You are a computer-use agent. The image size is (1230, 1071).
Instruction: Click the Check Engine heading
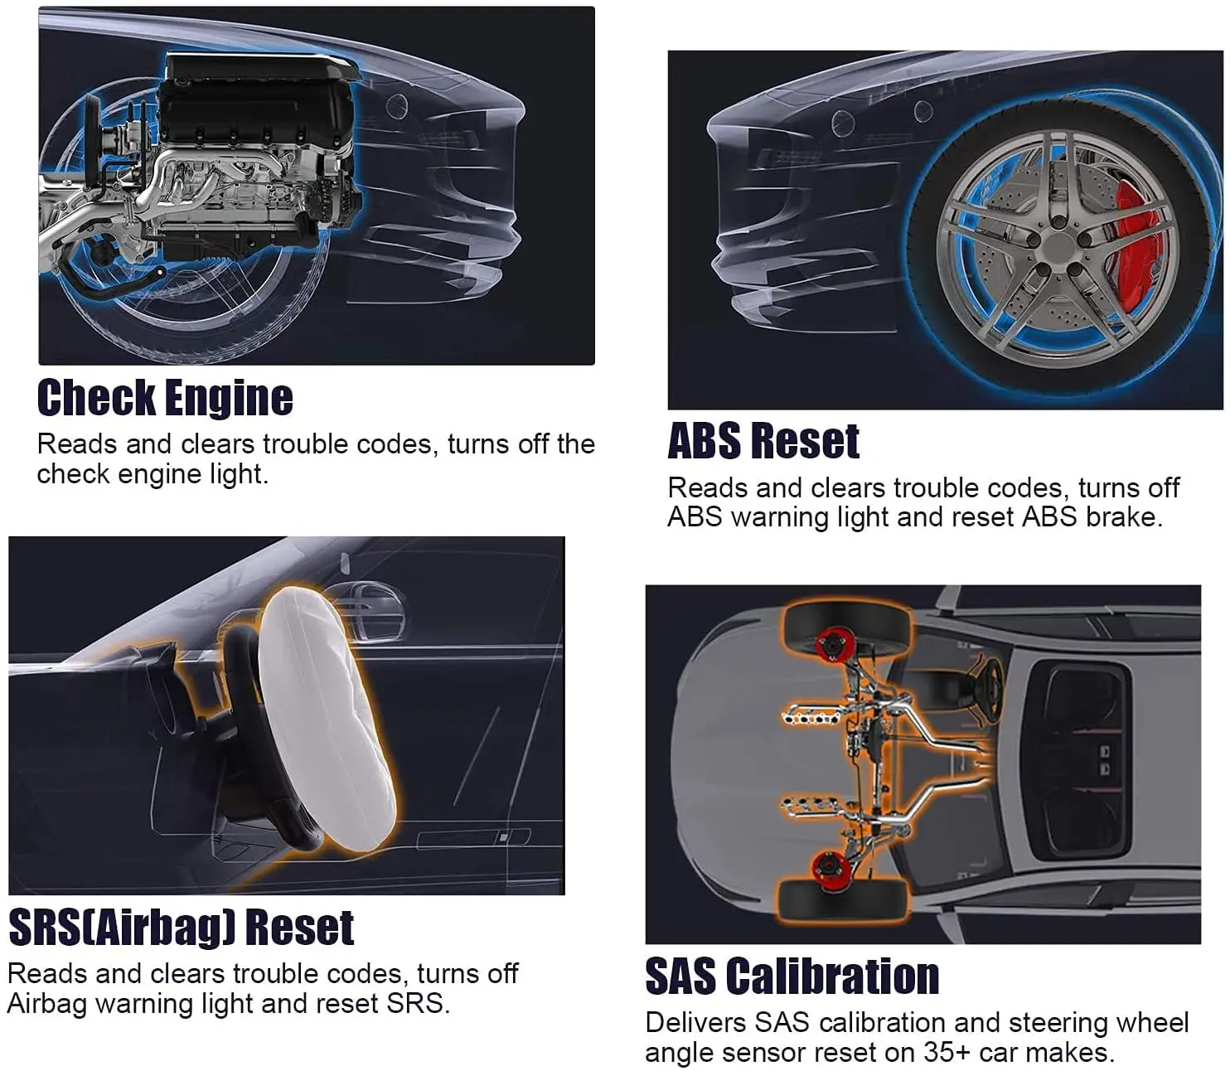coord(165,397)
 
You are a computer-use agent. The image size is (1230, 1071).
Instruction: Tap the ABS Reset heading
coord(763,441)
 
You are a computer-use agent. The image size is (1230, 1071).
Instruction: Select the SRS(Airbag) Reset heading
coord(182,928)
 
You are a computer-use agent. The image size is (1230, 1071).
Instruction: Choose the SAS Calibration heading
coord(792,976)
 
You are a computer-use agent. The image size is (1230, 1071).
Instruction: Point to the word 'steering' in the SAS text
coord(1053,1024)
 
